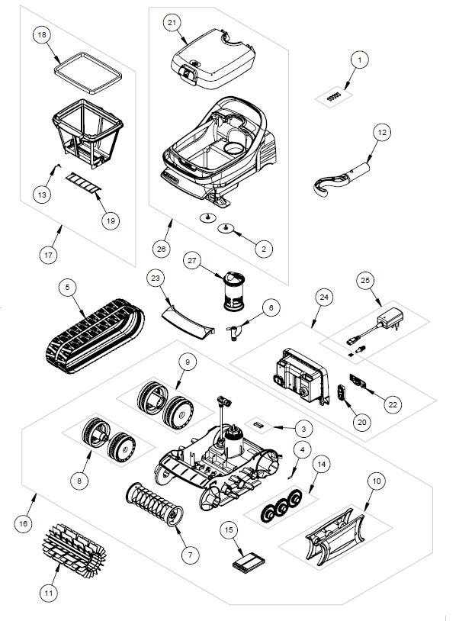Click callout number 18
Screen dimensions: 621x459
(42, 36)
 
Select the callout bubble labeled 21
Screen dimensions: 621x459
(173, 23)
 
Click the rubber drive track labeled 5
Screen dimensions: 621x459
(94, 336)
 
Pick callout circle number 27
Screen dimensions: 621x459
(192, 260)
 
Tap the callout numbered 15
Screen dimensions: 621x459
(227, 528)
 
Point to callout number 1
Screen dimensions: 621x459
(359, 59)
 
